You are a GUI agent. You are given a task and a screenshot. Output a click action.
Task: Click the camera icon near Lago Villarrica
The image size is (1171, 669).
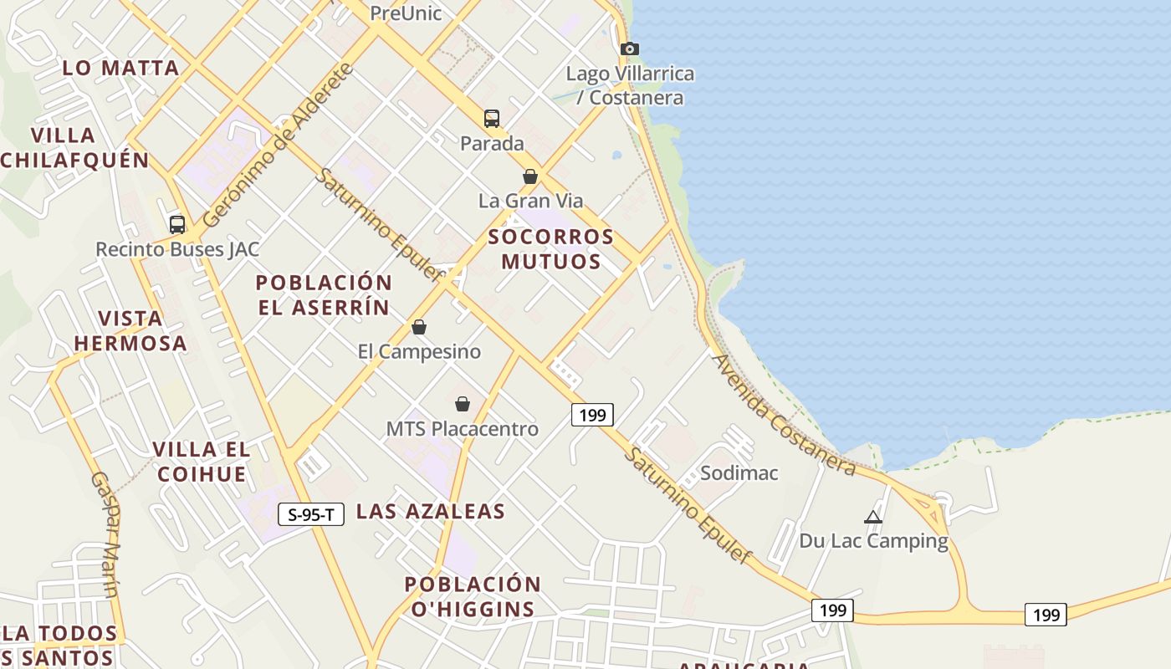click(x=630, y=49)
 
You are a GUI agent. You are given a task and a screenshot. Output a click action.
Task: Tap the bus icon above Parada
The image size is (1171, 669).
click(x=492, y=119)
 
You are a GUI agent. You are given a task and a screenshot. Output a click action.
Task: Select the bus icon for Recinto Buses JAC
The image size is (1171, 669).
click(x=177, y=224)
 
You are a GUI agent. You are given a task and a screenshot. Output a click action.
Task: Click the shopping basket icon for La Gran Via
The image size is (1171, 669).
click(x=530, y=176)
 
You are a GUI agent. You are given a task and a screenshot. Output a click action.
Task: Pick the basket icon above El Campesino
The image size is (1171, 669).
click(x=419, y=327)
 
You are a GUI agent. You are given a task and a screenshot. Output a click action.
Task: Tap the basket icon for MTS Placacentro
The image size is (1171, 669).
click(x=463, y=405)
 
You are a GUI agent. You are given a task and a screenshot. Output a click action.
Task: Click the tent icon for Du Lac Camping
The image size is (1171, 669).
click(x=873, y=517)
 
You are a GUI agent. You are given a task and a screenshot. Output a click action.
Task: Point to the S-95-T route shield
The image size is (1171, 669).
click(x=311, y=514)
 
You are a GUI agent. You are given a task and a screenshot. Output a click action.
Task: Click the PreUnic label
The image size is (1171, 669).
click(x=406, y=13)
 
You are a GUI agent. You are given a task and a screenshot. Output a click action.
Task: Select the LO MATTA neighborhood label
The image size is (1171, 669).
click(x=121, y=68)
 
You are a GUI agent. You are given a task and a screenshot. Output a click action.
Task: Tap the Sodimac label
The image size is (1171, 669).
click(x=739, y=472)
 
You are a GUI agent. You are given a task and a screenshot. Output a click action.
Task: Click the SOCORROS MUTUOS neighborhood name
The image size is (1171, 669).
click(x=551, y=248)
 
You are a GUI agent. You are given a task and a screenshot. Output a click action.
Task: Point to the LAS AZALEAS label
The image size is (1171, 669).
click(x=431, y=511)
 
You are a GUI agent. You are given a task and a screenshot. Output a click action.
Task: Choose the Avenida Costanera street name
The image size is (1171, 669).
click(x=783, y=415)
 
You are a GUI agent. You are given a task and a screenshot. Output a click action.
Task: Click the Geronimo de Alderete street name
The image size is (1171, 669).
click(x=278, y=145)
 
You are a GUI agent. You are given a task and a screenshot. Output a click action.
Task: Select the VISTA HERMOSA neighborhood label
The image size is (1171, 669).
click(x=130, y=330)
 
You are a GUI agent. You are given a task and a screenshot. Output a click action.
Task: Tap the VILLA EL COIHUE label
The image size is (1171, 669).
click(x=201, y=462)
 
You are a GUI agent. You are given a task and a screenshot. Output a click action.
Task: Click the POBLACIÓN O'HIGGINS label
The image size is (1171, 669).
click(x=473, y=595)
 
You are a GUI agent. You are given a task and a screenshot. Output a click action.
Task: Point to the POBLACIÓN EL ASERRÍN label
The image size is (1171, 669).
click(x=324, y=294)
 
